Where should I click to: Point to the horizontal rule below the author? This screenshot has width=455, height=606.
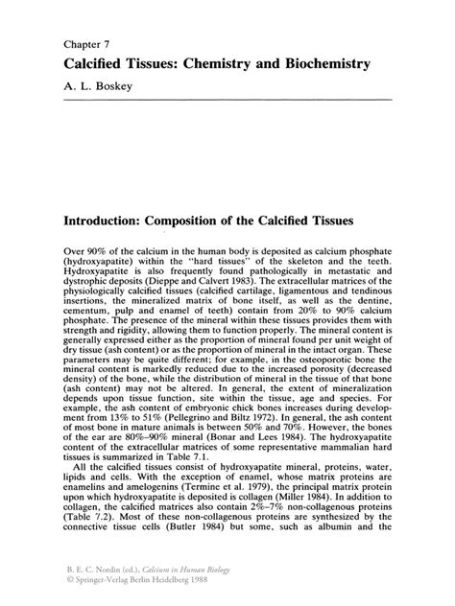(x=227, y=99)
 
